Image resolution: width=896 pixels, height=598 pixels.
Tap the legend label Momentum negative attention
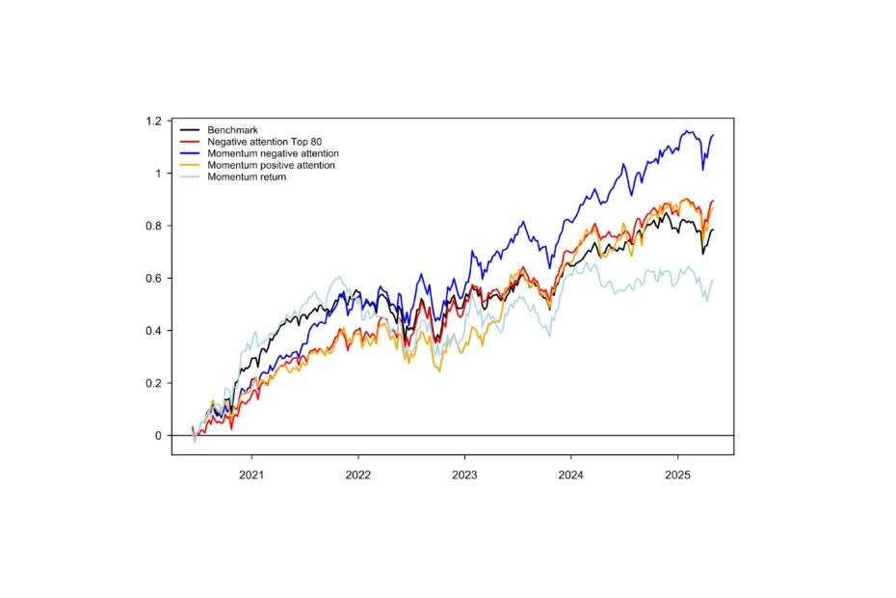point(273,153)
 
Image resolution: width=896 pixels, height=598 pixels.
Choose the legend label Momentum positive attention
point(271,165)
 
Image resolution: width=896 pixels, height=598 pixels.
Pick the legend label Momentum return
point(247,177)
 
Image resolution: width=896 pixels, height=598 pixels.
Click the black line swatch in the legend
point(189,130)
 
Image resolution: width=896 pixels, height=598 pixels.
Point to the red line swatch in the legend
point(189,142)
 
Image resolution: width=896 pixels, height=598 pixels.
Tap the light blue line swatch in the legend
point(189,177)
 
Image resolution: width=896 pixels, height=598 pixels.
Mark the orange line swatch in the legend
point(189,165)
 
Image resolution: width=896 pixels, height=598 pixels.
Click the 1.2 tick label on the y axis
point(153,122)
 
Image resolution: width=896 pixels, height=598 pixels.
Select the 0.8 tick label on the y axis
point(153,226)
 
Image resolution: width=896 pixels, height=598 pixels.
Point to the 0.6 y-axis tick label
point(153,279)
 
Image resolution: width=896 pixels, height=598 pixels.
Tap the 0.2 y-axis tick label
point(153,383)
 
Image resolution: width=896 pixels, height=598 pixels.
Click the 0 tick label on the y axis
point(158,436)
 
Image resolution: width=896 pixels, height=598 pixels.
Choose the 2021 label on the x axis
point(252,474)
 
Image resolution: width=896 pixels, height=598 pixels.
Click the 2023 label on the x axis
point(464,474)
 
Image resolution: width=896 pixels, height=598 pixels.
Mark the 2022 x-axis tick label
point(358,474)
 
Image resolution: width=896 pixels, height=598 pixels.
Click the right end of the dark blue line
point(713,135)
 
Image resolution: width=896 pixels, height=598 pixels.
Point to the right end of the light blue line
point(713,280)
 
